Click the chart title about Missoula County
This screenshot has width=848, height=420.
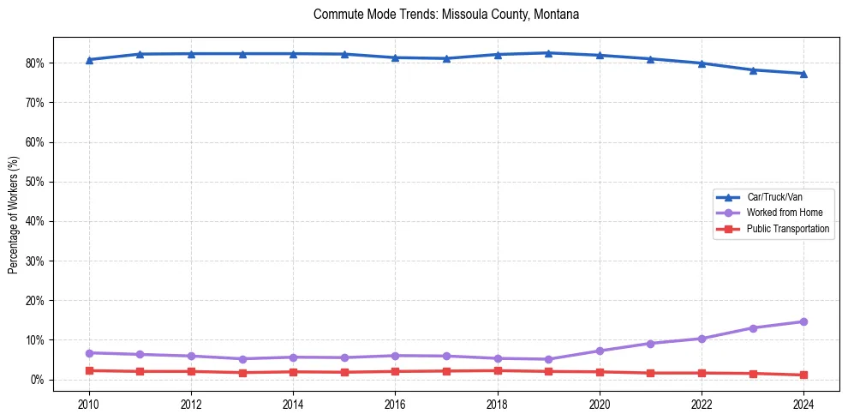click(446, 15)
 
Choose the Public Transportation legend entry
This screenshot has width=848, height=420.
click(788, 229)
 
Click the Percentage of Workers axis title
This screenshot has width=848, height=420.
click(14, 214)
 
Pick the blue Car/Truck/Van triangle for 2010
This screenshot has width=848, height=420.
click(89, 60)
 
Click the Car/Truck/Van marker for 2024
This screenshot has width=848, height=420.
click(803, 74)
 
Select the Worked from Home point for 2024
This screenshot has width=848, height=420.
click(803, 322)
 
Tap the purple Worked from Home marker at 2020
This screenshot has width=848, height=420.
click(600, 351)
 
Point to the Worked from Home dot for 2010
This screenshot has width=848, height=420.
click(89, 353)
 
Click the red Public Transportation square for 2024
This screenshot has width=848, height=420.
click(803, 375)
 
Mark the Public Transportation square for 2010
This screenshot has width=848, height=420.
click(89, 370)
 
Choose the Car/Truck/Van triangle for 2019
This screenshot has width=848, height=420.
click(548, 53)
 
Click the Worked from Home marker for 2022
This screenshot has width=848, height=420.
click(702, 339)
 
